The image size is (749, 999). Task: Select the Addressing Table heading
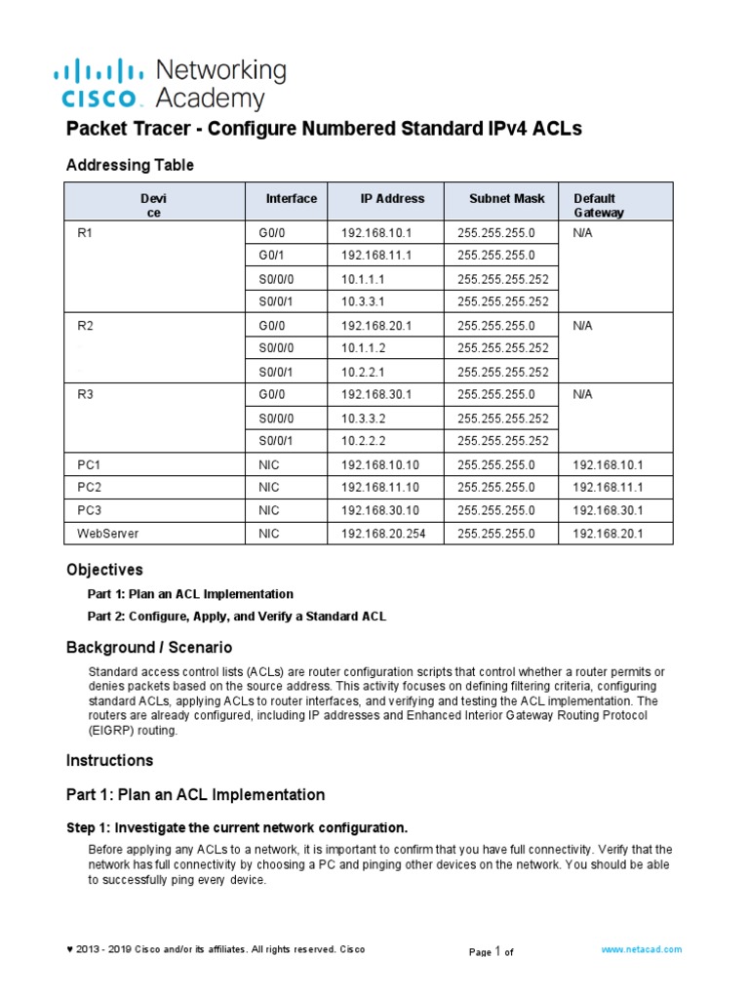point(130,165)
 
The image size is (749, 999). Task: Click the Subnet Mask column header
point(506,198)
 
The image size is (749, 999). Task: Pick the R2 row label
point(83,326)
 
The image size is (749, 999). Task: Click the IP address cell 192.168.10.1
point(376,234)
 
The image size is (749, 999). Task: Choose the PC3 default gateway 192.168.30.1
point(608,510)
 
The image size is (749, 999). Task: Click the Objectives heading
point(104,569)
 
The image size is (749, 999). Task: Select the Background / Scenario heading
point(149,648)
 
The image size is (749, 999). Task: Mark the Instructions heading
point(109,760)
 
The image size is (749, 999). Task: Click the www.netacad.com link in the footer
point(641,948)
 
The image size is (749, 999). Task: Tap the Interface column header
point(291,198)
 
